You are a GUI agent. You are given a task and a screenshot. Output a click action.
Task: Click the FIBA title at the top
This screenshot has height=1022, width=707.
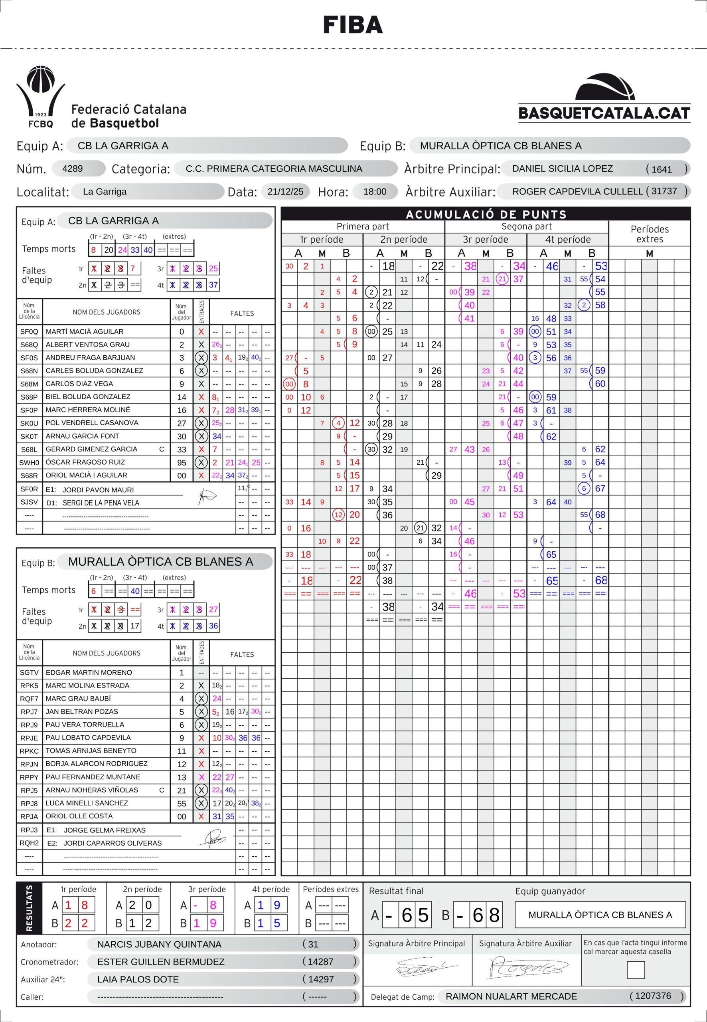(353, 25)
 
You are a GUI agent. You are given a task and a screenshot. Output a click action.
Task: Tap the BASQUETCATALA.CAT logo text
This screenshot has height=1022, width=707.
(604, 113)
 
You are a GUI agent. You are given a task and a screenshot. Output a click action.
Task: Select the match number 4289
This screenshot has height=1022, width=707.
(73, 169)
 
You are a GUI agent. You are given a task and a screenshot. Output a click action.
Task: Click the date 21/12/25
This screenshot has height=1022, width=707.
(285, 192)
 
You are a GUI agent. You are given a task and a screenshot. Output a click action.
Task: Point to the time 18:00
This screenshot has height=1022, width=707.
(375, 192)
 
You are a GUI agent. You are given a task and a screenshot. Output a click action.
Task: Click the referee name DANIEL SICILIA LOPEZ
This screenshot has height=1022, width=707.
(562, 168)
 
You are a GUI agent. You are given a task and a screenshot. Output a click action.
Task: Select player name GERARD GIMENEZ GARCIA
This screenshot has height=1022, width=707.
(92, 449)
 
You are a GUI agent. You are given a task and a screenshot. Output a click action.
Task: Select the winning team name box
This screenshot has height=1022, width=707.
(600, 914)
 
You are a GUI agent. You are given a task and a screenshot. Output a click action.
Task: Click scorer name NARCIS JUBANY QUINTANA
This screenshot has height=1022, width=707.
(159, 945)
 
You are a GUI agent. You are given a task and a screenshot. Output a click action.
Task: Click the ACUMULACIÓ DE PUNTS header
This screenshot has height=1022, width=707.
(486, 214)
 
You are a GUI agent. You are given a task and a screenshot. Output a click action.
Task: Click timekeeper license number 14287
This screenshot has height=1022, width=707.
(321, 962)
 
